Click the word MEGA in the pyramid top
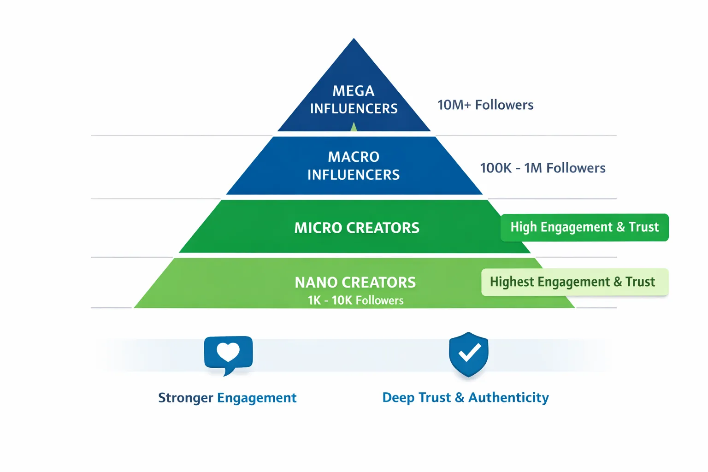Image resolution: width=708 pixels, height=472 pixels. (354, 91)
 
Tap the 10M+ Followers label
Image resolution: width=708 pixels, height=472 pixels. (485, 105)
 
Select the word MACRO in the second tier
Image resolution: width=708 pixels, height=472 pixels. (354, 157)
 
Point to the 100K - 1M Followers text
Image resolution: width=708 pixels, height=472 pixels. (543, 168)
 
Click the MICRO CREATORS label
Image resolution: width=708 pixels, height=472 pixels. (357, 228)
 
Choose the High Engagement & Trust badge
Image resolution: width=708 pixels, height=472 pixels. (584, 227)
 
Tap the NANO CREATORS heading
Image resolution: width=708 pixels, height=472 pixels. (355, 282)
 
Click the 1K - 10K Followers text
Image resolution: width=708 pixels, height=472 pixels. (355, 301)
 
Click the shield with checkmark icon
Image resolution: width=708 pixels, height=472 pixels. (468, 354)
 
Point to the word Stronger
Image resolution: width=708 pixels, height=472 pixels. (185, 398)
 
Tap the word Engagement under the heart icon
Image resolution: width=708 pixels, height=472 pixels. (257, 398)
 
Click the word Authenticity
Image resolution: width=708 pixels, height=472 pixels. (508, 397)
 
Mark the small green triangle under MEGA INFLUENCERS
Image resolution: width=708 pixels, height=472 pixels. (354, 127)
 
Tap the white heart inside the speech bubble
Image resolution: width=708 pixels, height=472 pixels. (228, 352)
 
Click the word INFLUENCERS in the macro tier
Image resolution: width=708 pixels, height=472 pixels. (354, 175)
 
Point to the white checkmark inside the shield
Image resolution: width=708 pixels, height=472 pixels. (469, 353)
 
